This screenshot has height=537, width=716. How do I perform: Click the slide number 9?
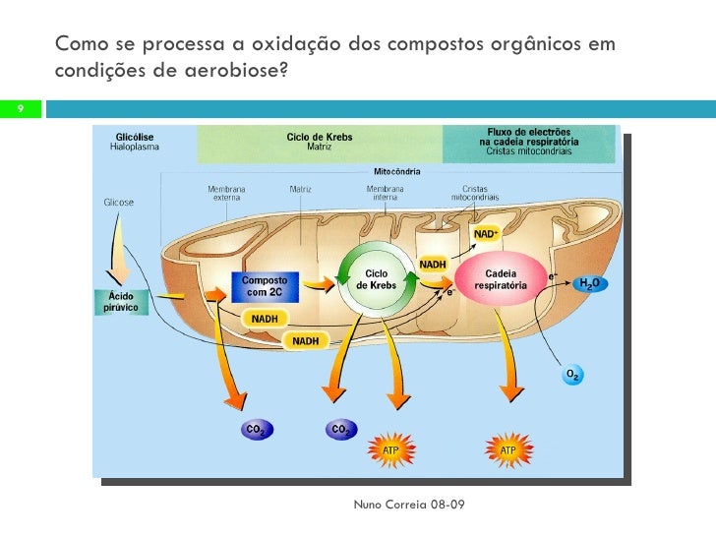(x=19, y=108)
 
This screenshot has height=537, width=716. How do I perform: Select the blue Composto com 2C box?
(x=264, y=286)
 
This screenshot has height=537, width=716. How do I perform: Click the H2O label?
(x=589, y=284)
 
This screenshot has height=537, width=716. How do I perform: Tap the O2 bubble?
(x=571, y=375)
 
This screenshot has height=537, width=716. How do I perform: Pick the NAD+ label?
(x=486, y=235)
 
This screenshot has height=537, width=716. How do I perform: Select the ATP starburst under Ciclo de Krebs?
(x=391, y=450)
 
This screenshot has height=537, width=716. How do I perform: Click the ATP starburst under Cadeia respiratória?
(x=507, y=450)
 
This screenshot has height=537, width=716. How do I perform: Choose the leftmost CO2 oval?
(x=255, y=430)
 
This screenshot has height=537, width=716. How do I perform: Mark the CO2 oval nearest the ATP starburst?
(x=341, y=430)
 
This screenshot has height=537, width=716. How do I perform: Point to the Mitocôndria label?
(x=396, y=171)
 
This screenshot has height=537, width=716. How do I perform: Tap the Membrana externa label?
(x=226, y=193)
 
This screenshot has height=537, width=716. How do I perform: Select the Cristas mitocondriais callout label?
(x=475, y=193)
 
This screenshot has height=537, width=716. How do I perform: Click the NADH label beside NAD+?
(x=434, y=264)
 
